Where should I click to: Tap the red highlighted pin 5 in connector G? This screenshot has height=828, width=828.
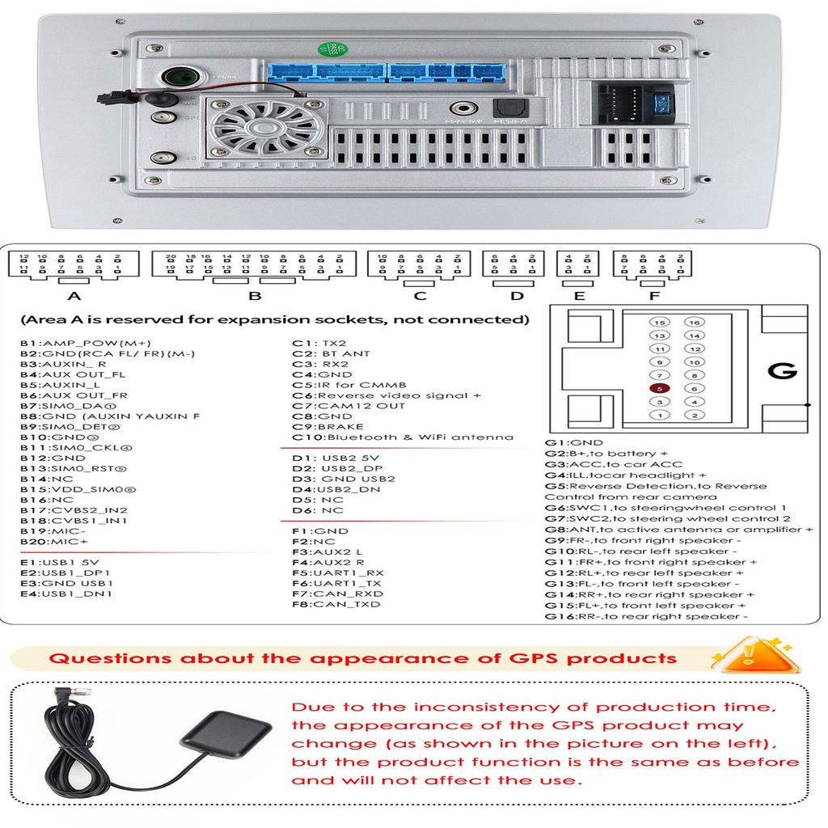[x=661, y=388]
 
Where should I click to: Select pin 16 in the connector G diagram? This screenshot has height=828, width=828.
[x=694, y=322]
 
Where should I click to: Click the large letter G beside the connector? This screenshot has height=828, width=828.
[x=782, y=372]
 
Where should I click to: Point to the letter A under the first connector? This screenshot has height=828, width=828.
[x=73, y=296]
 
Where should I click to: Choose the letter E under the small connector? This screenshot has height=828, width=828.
[x=579, y=296]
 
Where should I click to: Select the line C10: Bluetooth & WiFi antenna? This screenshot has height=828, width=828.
[x=403, y=437]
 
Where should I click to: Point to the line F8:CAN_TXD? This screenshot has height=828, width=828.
[x=337, y=604]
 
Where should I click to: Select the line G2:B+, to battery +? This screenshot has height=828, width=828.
[x=606, y=454]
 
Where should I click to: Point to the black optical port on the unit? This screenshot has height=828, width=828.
[x=505, y=108]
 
